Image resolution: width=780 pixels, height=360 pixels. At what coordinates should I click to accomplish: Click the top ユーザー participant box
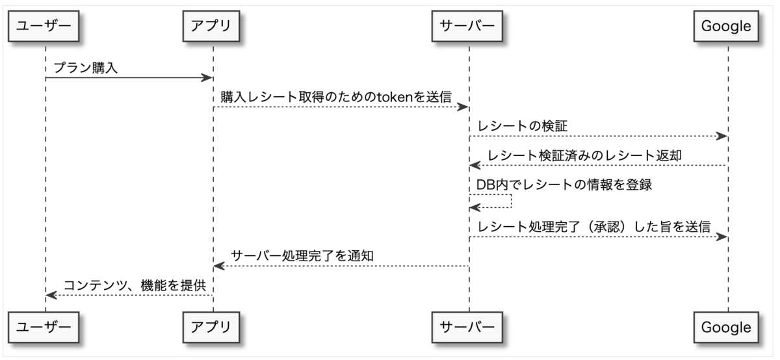(44, 26)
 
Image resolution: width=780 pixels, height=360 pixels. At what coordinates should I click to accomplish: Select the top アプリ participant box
(211, 26)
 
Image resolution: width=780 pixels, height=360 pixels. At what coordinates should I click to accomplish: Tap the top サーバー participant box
(467, 26)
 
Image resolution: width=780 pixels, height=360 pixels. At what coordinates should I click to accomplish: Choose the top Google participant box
(727, 26)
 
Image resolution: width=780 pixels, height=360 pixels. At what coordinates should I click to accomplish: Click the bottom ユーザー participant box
(44, 328)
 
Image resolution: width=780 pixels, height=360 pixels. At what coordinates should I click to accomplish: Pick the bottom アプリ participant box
(211, 328)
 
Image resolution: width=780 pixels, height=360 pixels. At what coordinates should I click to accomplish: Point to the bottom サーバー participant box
(467, 328)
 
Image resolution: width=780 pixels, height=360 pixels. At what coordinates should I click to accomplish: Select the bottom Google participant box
(727, 328)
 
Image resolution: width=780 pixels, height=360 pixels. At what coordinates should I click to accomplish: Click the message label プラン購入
(86, 68)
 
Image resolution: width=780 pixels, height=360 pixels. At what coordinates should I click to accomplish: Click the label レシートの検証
(523, 126)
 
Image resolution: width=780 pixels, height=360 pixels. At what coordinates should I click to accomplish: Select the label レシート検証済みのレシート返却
(584, 155)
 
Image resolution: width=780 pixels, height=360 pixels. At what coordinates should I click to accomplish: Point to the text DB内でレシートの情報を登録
(564, 185)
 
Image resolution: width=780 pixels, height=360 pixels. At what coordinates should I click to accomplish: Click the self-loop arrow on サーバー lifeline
(512, 201)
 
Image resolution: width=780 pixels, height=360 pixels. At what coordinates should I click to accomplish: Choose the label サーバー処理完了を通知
(302, 256)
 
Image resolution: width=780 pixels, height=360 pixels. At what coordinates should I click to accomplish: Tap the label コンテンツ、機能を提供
(135, 285)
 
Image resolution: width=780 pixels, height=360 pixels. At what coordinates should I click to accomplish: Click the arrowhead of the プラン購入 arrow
(207, 77)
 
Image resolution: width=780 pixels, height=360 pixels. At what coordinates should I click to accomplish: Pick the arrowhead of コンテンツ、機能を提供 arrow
(51, 295)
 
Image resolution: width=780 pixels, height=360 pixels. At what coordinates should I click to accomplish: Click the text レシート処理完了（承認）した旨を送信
(594, 227)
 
